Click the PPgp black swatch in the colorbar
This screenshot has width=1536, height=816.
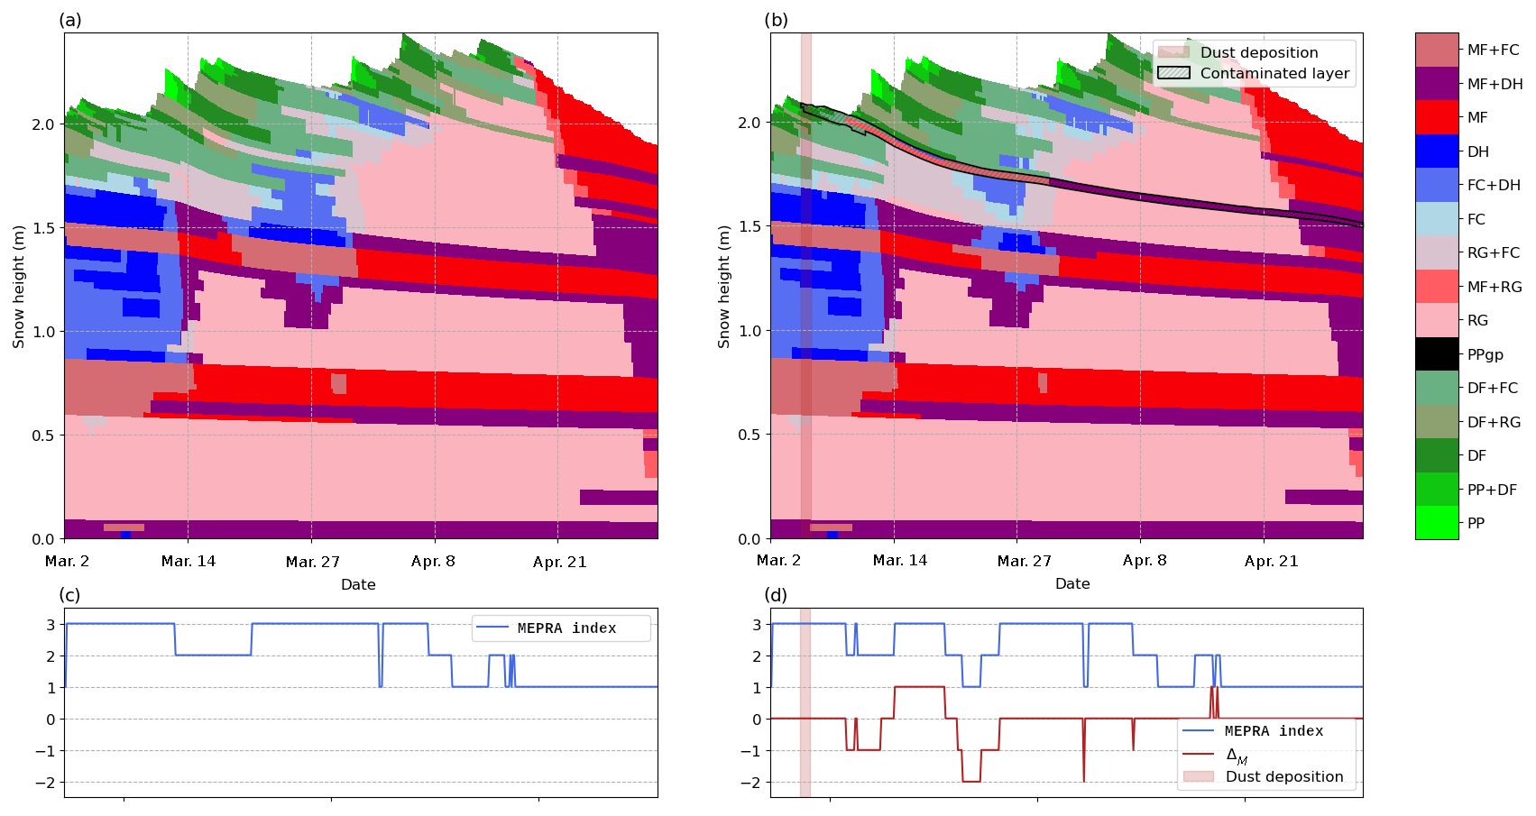(x=1437, y=353)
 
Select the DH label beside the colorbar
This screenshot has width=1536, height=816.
(x=1477, y=151)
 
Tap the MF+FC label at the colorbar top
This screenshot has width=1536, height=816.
(x=1494, y=50)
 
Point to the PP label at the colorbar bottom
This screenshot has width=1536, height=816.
(x=1476, y=523)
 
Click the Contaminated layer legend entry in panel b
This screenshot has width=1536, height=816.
(x=1253, y=73)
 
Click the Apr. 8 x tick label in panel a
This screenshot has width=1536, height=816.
(x=433, y=562)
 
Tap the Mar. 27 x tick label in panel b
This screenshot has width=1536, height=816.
(x=1024, y=561)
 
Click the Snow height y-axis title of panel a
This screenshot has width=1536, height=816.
(x=19, y=287)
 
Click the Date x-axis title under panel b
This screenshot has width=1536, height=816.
(x=1072, y=583)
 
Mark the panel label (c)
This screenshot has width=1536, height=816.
(x=70, y=594)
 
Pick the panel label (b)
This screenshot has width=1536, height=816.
(x=776, y=20)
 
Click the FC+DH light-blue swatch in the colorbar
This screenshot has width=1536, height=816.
(x=1437, y=185)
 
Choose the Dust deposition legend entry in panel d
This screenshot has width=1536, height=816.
(x=1263, y=777)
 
